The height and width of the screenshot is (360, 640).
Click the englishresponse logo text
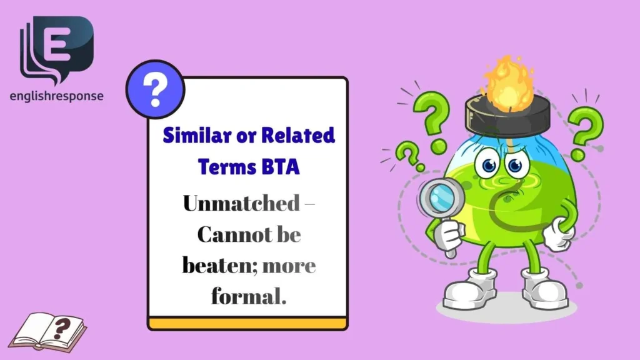57,96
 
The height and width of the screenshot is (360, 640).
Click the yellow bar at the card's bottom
248,323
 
